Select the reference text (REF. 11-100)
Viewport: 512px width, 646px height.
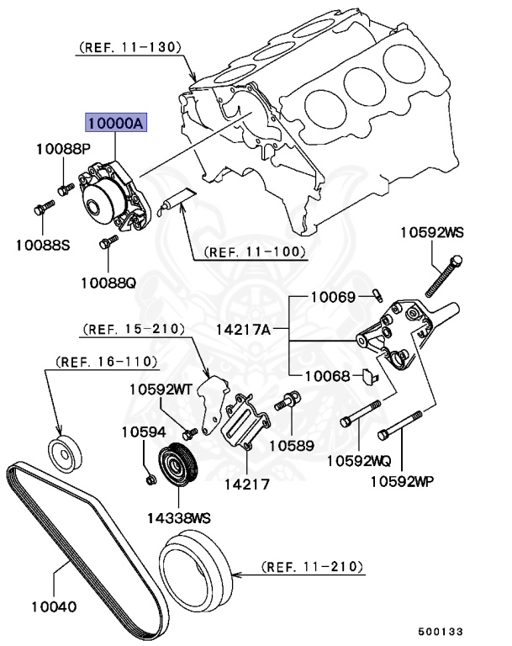click(254, 252)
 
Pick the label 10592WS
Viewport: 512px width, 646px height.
click(431, 230)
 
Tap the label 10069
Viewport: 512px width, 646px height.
click(334, 296)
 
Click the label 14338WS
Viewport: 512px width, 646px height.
click(179, 517)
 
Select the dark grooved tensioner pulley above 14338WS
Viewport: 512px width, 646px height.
click(177, 466)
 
